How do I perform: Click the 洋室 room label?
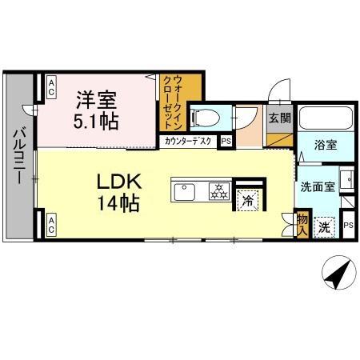pyautogui.click(x=97, y=101)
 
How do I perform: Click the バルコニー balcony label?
pyautogui.click(x=18, y=157)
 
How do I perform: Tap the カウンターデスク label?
pyautogui.click(x=188, y=142)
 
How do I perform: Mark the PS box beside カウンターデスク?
pyautogui.click(x=226, y=142)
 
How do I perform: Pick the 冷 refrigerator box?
pyautogui.click(x=248, y=199)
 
